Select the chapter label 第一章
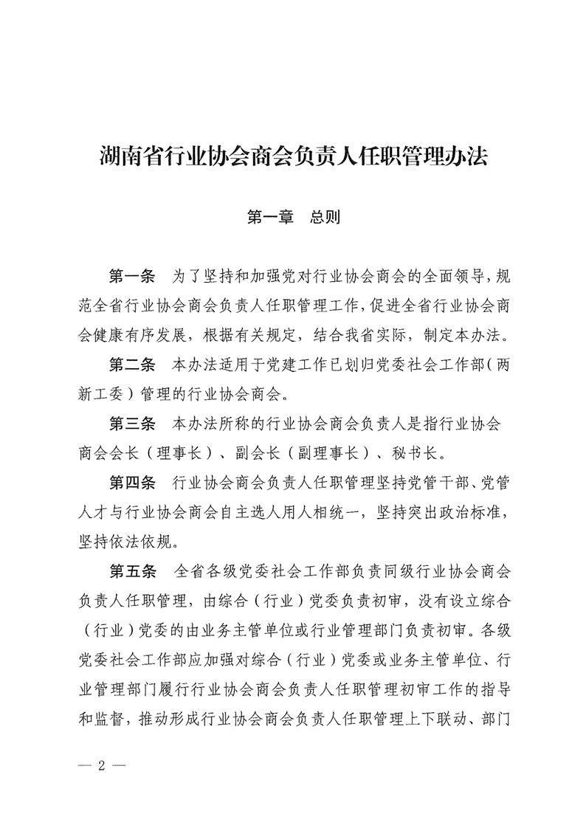[x=270, y=218]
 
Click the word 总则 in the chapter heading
[x=325, y=218]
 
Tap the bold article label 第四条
[x=131, y=483]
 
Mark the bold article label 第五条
[x=131, y=571]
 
